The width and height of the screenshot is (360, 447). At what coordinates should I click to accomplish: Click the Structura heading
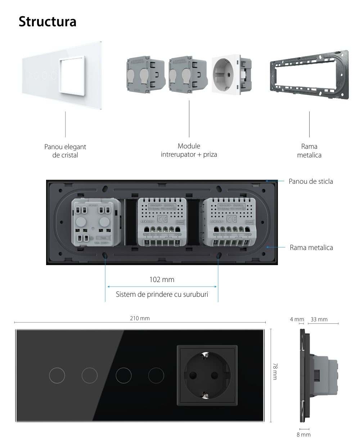pos(48,22)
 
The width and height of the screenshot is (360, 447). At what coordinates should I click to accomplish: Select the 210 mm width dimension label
pos(140,318)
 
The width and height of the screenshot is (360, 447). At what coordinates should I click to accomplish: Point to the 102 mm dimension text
pos(162,279)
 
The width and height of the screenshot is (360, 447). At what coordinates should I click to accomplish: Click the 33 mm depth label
pos(319,319)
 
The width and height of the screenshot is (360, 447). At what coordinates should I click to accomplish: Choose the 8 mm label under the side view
pos(303,434)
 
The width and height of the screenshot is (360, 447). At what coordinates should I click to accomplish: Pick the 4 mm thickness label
pos(297,319)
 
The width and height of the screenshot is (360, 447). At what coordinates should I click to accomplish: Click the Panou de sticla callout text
pos(311,181)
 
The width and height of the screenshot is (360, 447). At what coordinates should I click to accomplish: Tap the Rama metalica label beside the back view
pos(311,247)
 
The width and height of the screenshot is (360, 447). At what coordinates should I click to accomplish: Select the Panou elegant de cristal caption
pos(65,151)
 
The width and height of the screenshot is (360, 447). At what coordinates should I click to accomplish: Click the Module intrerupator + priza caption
pos(189,150)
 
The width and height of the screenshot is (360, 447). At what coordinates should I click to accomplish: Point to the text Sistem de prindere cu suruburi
pos(162,294)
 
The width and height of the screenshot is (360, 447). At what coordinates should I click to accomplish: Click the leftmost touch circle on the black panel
pos(57,376)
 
